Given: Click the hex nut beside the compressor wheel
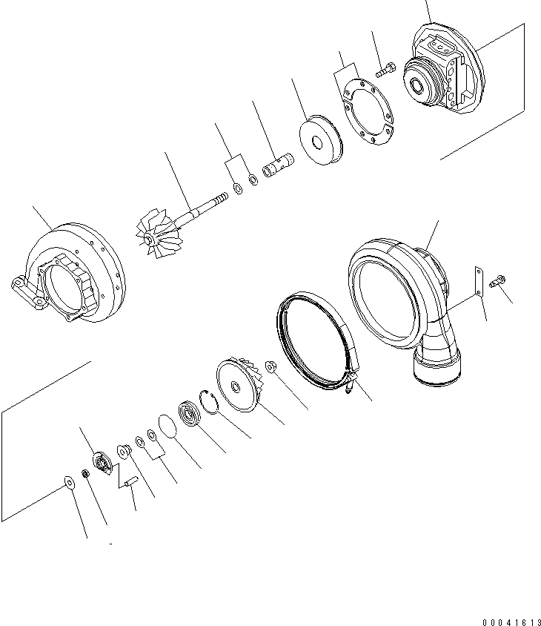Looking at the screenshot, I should (270, 366).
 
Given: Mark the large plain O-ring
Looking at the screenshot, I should (167, 427).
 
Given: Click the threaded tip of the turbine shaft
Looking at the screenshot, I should (219, 200).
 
